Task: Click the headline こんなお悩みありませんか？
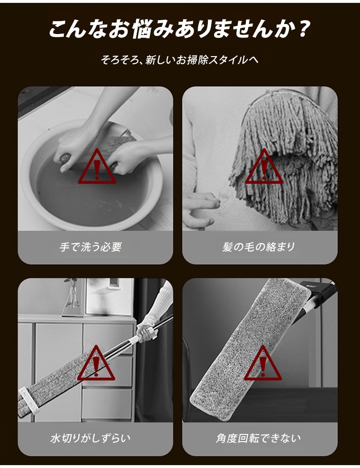click(179, 29)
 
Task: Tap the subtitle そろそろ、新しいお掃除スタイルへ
click(180, 60)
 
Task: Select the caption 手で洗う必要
click(91, 247)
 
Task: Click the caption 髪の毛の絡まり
click(259, 247)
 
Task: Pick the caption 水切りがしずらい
click(91, 438)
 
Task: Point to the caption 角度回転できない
click(259, 438)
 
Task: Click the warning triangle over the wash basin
click(97, 167)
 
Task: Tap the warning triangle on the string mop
click(264, 167)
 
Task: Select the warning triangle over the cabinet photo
click(96, 363)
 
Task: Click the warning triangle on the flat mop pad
click(263, 363)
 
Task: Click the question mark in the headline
click(302, 29)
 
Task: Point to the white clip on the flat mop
click(29, 400)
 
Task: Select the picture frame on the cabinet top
click(109, 296)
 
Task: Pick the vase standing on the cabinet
click(72, 298)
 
